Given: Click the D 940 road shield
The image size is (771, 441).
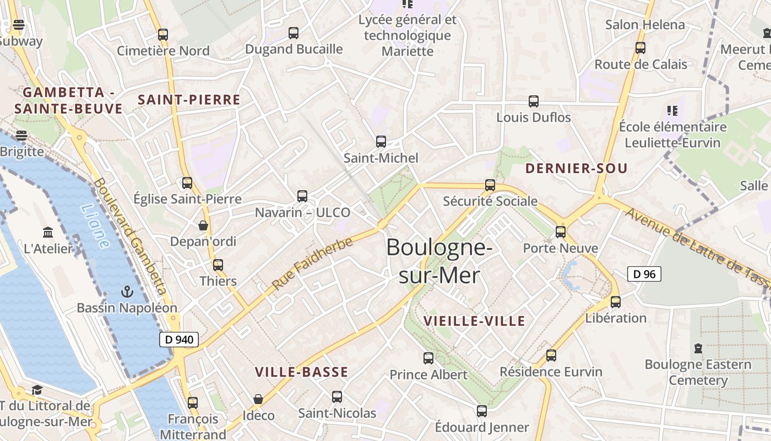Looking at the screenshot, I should (179, 340).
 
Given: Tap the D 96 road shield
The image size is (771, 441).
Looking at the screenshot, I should (644, 274).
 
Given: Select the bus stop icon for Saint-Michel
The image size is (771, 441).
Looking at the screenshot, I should (381, 142).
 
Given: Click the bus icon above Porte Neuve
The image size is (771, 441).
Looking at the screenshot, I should (561, 232).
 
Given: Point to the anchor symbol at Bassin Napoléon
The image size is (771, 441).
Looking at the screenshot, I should (127, 291).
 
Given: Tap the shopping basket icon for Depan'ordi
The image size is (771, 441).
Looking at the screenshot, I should (203, 225).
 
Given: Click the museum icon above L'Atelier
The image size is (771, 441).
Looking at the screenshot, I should (48, 233).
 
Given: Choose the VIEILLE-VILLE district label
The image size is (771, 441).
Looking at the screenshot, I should (474, 321).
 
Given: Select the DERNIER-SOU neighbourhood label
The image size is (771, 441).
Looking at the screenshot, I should (576, 169).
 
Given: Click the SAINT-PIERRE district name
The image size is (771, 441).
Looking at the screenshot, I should (189, 100).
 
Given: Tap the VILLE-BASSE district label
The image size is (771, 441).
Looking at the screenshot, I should (301, 372).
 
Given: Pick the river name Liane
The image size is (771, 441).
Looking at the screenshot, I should (95, 225).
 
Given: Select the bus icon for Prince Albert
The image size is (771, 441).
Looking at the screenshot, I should (428, 358).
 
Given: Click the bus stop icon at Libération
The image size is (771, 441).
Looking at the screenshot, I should (616, 302).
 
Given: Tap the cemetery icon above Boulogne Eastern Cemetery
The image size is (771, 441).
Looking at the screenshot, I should (698, 348).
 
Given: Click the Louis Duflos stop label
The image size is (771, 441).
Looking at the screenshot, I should (534, 117).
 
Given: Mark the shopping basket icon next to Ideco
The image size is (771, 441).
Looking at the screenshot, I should (258, 399).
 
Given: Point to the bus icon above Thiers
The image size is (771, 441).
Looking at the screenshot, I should (218, 265).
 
